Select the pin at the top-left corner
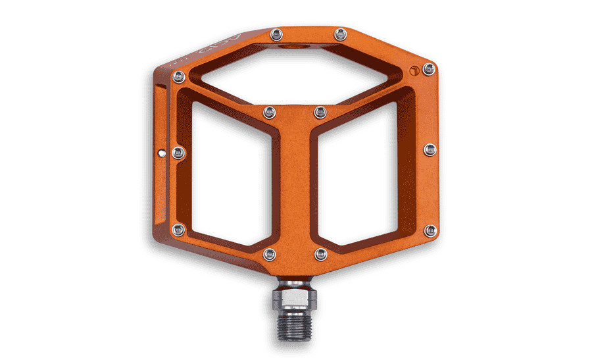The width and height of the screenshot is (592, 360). [178, 77]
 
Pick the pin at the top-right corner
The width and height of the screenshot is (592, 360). [429, 68]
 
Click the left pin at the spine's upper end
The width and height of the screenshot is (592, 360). [268, 113]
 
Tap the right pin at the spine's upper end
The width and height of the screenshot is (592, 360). [319, 112]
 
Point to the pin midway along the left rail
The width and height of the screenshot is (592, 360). [178, 153]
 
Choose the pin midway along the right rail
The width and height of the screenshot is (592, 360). [430, 150]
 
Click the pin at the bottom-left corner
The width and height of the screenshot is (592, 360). [178, 230]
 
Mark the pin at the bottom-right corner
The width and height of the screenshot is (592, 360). [430, 230]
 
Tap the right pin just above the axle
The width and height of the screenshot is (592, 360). [320, 253]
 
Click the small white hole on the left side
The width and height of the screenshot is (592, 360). [162, 153]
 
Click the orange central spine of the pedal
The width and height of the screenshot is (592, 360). [293, 184]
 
